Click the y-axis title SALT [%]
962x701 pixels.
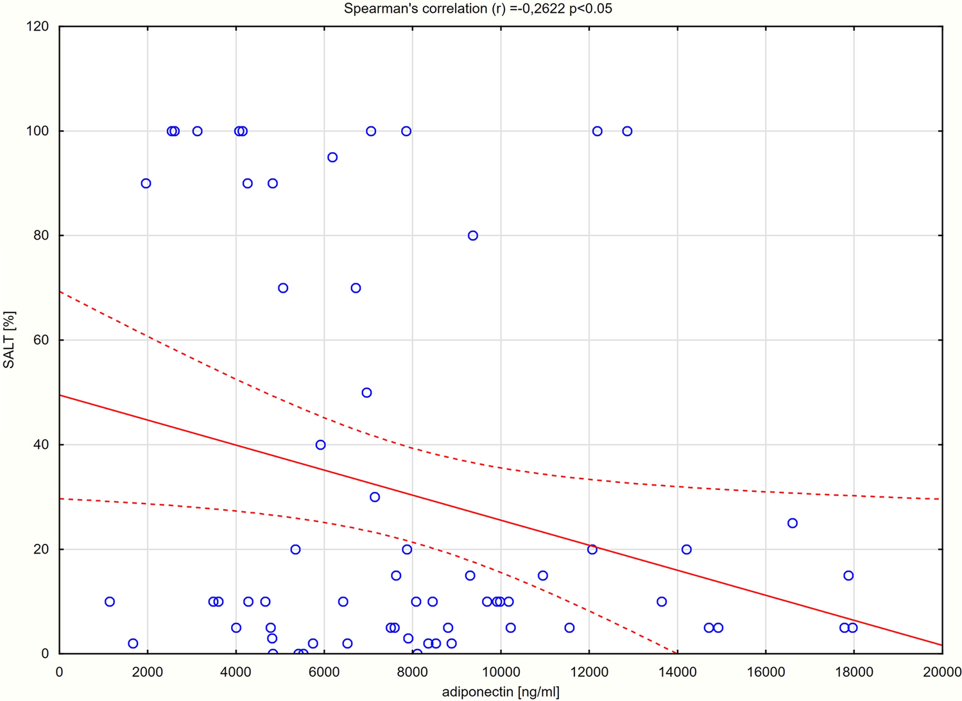pyautogui.click(x=9, y=340)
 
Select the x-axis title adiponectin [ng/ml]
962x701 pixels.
pyautogui.click(x=501, y=692)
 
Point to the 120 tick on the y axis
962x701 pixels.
pyautogui.click(x=39, y=26)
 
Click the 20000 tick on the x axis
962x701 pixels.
pyautogui.click(x=941, y=672)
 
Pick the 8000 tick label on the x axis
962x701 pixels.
pyautogui.click(x=412, y=672)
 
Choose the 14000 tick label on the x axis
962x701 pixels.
pyautogui.click(x=677, y=672)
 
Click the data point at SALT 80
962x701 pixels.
pyautogui.click(x=473, y=235)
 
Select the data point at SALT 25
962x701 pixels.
pyautogui.click(x=793, y=523)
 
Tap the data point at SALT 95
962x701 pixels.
pyautogui.click(x=332, y=157)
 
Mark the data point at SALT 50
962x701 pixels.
pyautogui.click(x=366, y=393)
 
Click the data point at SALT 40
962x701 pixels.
pyautogui.click(x=320, y=444)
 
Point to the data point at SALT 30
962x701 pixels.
pyautogui.click(x=375, y=497)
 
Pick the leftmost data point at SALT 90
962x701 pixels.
pyautogui.click(x=146, y=183)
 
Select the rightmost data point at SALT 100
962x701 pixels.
pyautogui.click(x=627, y=131)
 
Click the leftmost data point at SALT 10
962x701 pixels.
pyautogui.click(x=110, y=602)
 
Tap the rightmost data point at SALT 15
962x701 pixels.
pyautogui.click(x=848, y=575)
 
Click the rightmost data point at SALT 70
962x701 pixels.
pyautogui.click(x=356, y=288)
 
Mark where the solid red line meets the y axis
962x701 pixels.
pyautogui.click(x=59, y=395)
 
